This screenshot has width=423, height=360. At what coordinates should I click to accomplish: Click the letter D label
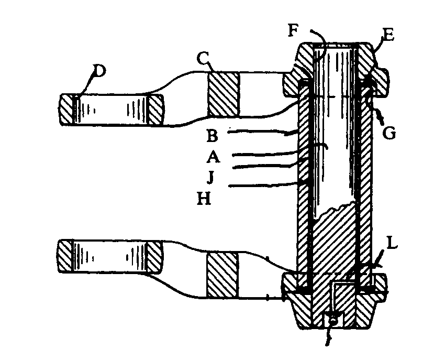(x=99, y=71)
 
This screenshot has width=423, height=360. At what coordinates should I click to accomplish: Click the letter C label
(x=202, y=58)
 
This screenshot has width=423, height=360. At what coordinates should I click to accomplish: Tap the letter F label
(x=293, y=30)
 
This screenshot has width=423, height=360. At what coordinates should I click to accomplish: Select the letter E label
(x=388, y=35)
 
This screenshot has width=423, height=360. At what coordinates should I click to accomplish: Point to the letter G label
(x=389, y=133)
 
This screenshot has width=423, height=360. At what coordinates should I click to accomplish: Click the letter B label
(x=213, y=136)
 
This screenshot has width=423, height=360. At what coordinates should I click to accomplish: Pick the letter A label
(x=213, y=157)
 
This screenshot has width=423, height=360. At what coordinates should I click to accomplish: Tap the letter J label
(x=210, y=177)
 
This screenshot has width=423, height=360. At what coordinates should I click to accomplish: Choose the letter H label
(x=204, y=199)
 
